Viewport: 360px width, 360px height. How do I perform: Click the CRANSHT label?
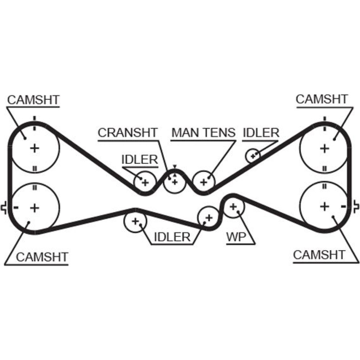(x=128, y=132)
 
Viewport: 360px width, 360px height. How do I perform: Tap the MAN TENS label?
(x=203, y=132)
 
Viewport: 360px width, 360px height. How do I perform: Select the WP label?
(x=235, y=237)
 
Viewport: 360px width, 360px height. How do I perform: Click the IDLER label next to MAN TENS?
(x=261, y=132)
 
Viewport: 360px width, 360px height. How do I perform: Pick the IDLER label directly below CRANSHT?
(x=140, y=159)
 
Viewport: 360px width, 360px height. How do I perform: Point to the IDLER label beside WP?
(x=172, y=237)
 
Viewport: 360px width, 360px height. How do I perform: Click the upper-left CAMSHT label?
(x=33, y=100)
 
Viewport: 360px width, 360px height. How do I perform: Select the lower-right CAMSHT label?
(x=319, y=255)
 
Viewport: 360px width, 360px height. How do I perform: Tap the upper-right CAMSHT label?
(x=322, y=99)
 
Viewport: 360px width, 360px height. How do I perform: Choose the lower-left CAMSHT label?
(x=42, y=257)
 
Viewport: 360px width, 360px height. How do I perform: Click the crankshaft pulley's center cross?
(x=175, y=182)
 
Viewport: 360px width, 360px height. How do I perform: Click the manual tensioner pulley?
(x=204, y=182)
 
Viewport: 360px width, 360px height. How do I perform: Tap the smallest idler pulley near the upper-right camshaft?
(x=253, y=156)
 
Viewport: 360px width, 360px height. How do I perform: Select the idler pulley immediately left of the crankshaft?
(x=145, y=183)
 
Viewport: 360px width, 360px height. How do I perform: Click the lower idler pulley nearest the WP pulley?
(x=208, y=217)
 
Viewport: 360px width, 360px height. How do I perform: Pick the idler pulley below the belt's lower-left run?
(x=135, y=221)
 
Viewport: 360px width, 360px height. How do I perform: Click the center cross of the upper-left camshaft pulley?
(x=35, y=148)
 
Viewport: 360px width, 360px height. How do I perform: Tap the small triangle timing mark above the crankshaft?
(x=175, y=166)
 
